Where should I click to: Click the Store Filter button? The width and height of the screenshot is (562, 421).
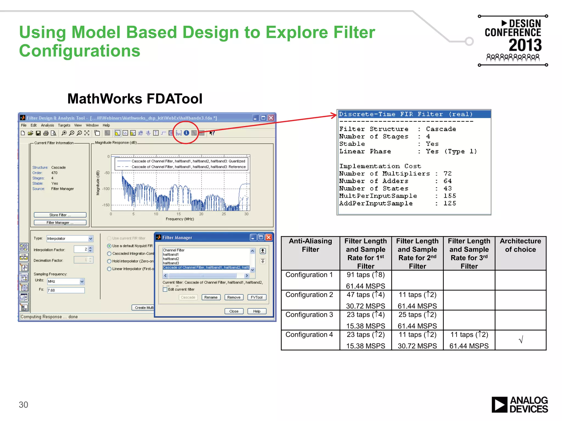60,215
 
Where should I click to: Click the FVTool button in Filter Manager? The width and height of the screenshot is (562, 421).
257,297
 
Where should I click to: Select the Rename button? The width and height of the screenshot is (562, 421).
211,297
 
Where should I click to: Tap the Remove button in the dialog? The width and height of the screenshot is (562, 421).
234,297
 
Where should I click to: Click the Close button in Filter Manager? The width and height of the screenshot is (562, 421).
234,311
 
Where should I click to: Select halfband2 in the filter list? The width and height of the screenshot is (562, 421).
171,259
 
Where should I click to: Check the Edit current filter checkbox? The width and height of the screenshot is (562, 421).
165,289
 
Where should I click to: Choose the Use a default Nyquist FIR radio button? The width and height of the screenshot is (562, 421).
109,246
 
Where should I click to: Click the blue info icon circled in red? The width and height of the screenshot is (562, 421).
186,133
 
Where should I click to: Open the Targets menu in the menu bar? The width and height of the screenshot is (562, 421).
64,125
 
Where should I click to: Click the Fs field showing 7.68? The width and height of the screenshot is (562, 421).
66,290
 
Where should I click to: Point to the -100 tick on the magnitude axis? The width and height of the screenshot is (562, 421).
106,189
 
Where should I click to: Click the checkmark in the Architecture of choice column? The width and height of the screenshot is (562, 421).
521,340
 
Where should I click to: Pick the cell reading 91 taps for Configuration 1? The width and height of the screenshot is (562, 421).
366,275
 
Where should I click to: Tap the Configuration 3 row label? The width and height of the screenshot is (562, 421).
309,315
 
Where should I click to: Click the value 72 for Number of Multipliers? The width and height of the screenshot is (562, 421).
448,174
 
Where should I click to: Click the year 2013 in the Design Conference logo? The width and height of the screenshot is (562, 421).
525,45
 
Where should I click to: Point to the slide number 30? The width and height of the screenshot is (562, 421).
23,405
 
